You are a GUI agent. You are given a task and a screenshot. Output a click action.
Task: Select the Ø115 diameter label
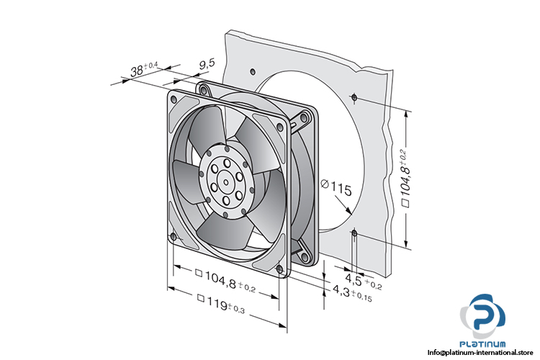pos(335,190)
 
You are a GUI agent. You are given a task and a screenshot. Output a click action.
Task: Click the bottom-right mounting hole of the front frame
pos(282,271)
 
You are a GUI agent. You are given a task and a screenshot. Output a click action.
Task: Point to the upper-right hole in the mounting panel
pos(354,96)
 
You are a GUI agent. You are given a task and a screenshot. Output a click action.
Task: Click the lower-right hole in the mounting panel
pos(355,232)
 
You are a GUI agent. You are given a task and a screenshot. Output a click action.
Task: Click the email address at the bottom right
pos(483,353)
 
